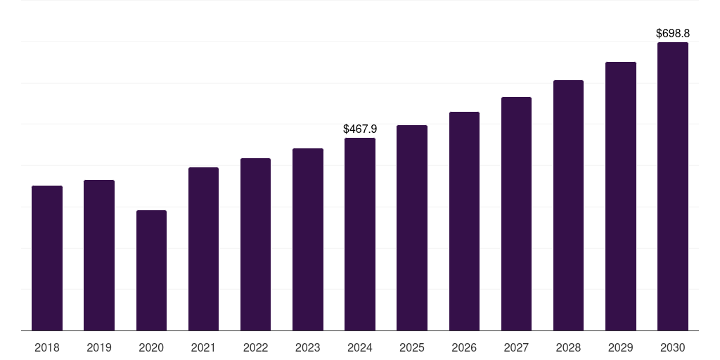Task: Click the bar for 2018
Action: (47, 258)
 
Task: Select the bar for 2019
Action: (99, 255)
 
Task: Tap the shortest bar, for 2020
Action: (151, 271)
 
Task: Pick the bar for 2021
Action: (203, 249)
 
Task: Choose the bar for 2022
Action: (255, 244)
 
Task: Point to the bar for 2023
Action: (308, 239)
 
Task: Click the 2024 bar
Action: (360, 234)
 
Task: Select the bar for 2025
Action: (412, 228)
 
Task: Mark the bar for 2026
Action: (464, 221)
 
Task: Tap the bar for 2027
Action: (516, 214)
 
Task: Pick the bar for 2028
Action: (568, 205)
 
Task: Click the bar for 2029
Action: (621, 196)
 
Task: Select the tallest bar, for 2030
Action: (673, 186)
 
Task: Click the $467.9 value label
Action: (360, 129)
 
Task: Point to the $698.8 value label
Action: (673, 33)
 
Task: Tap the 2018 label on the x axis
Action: (47, 347)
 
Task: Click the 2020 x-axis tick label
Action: (151, 347)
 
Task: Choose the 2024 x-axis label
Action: (360, 347)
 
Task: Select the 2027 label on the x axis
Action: (516, 347)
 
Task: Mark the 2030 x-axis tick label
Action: (673, 347)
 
